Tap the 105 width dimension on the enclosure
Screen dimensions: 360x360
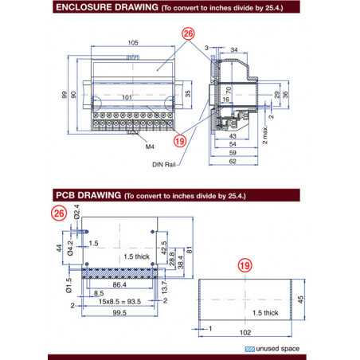[x=132, y=42]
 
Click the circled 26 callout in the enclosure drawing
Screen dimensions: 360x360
[x=189, y=33]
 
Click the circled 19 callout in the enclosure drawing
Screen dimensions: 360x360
[x=180, y=140]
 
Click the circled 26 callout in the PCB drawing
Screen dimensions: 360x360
[x=58, y=213]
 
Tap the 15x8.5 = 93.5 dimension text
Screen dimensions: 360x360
[x=120, y=302]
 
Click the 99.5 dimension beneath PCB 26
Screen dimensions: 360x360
[x=120, y=314]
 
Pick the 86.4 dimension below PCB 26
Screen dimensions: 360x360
[x=120, y=284]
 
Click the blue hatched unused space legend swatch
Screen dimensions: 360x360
[x=250, y=350]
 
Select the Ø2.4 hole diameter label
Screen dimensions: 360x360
[x=76, y=213]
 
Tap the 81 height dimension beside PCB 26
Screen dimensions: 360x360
[x=190, y=248]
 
